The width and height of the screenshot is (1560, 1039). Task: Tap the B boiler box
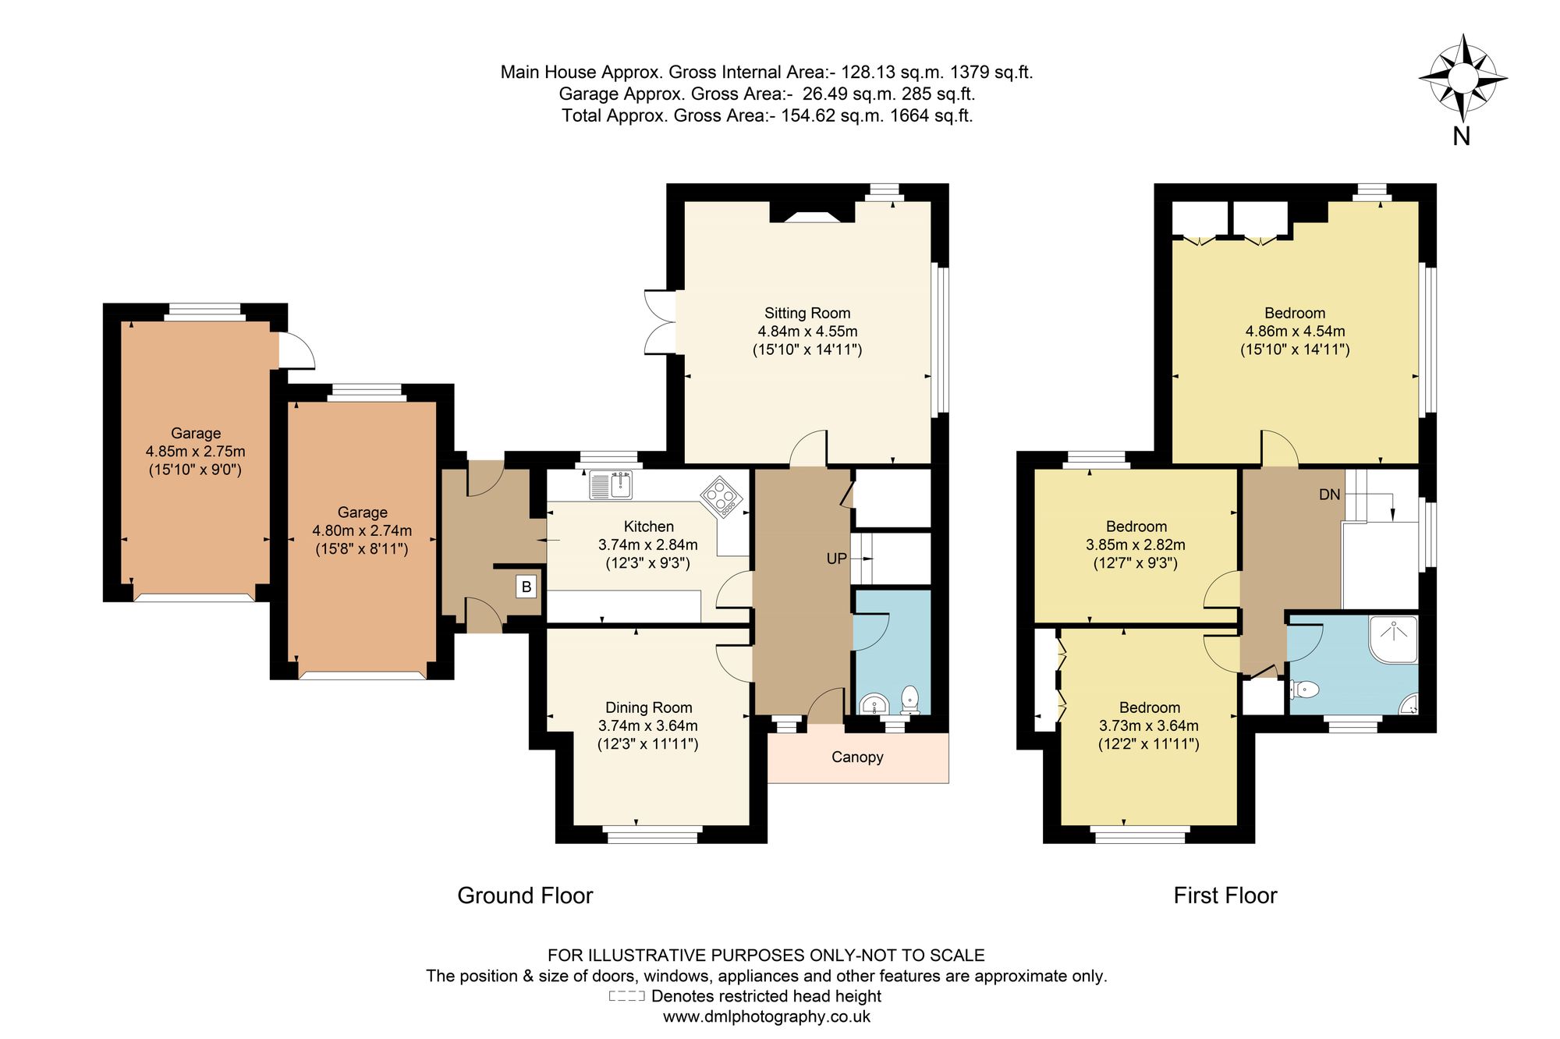(x=526, y=587)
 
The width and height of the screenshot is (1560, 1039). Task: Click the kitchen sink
(x=611, y=484)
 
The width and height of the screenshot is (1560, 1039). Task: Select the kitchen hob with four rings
(x=721, y=497)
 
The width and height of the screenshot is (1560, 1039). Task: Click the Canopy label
(x=857, y=757)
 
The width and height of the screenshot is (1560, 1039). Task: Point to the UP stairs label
(x=836, y=559)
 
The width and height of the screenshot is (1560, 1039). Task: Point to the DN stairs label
(x=1330, y=495)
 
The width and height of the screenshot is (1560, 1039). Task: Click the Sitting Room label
(x=807, y=313)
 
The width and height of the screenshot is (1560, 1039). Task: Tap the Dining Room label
(x=649, y=707)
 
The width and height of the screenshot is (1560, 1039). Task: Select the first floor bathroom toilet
(x=1304, y=690)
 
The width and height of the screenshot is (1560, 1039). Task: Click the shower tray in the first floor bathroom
(x=1393, y=639)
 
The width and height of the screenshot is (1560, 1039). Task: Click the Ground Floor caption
(x=525, y=895)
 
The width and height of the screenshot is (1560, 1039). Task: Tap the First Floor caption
(x=1225, y=895)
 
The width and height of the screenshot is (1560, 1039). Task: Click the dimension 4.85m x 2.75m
(x=196, y=452)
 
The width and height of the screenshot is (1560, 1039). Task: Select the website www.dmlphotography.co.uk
(x=767, y=1016)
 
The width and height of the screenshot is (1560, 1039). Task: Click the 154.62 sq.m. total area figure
(x=832, y=115)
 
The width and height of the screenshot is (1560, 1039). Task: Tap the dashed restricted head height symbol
(x=627, y=996)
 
